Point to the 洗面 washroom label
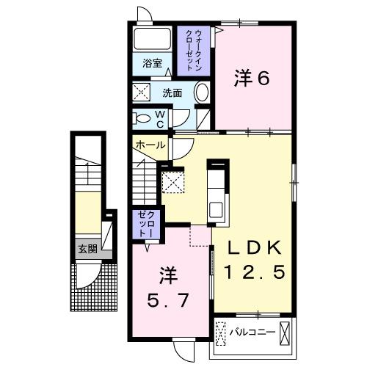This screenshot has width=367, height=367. pyautogui.click(x=172, y=93)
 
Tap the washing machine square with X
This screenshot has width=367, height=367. pyautogui.click(x=142, y=93)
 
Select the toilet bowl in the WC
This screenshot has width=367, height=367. pyautogui.click(x=142, y=117)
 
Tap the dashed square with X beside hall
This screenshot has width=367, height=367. pyautogui.click(x=172, y=181)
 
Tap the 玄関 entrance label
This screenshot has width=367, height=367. pyautogui.click(x=87, y=249)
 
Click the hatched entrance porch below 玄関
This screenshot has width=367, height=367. pyautogui.click(x=95, y=286)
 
